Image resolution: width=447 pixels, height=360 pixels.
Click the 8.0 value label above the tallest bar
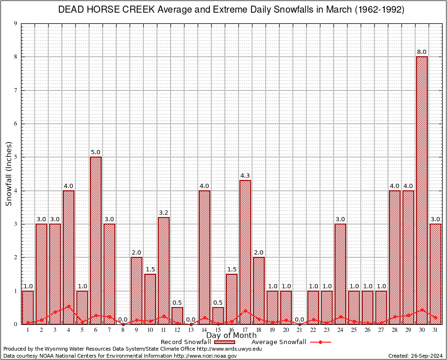[422, 52]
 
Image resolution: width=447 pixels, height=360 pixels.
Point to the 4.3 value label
[245, 176]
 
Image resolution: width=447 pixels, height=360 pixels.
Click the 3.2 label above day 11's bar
[164, 212]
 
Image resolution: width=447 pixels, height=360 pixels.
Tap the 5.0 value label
[96, 152]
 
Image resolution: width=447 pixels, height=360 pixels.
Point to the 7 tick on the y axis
[16, 90]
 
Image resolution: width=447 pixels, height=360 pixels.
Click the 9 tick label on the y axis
[16, 23]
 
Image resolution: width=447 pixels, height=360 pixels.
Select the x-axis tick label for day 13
[191, 330]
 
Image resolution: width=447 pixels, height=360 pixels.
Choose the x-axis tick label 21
[299, 330]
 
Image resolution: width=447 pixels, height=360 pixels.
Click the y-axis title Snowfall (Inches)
[9, 174]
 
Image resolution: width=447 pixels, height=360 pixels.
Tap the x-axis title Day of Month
[231, 336]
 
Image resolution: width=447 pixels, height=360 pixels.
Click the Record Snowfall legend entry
[186, 342]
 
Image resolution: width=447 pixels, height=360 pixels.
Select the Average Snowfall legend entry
[279, 342]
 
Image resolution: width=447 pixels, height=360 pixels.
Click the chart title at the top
[231, 10]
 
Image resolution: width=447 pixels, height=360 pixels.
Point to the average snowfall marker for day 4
[68, 306]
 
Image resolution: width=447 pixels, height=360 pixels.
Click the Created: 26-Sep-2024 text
[416, 356]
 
